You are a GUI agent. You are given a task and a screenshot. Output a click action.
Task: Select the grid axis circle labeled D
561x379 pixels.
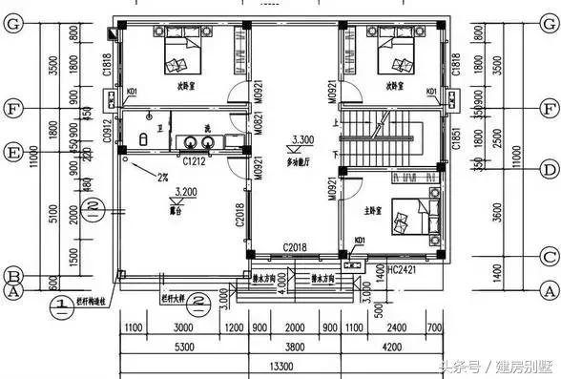(x=549, y=170)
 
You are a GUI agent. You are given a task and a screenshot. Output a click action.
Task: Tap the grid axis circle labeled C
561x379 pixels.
(x=549, y=255)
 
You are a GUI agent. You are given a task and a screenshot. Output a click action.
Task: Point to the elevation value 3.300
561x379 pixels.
(x=304, y=139)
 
